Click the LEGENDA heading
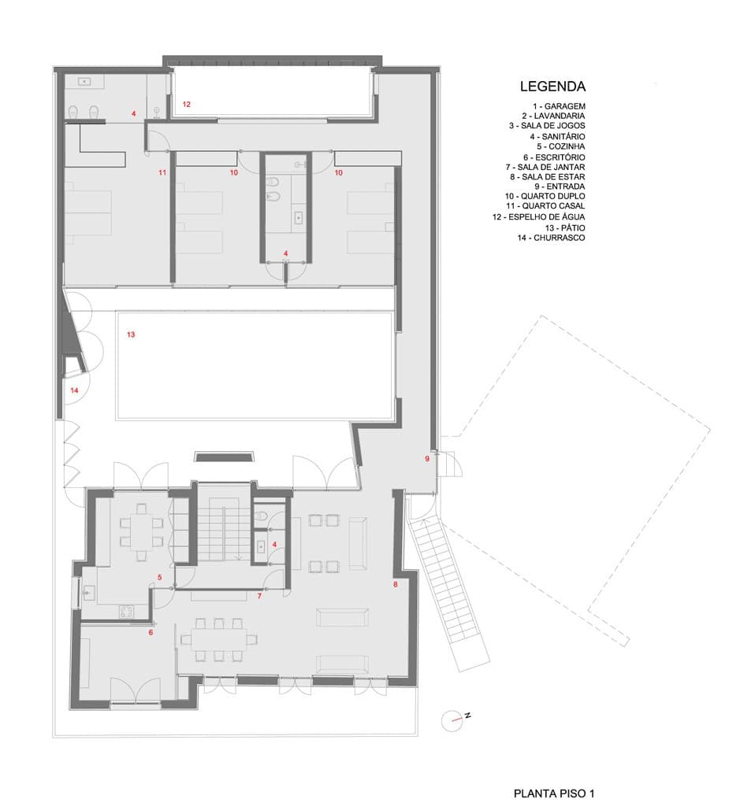click(552, 87)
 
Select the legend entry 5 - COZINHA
click(560, 146)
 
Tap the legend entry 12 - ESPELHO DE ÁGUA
click(539, 217)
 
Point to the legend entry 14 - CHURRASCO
click(551, 238)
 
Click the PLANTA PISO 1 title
click(554, 793)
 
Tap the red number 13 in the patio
click(131, 335)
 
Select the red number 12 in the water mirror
click(187, 105)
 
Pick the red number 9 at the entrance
click(427, 459)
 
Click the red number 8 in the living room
click(396, 585)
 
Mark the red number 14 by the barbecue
click(74, 390)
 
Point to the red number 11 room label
click(162, 172)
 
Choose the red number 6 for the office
click(151, 632)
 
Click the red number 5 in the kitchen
click(160, 578)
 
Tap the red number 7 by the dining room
click(259, 596)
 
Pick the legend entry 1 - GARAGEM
click(560, 106)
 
